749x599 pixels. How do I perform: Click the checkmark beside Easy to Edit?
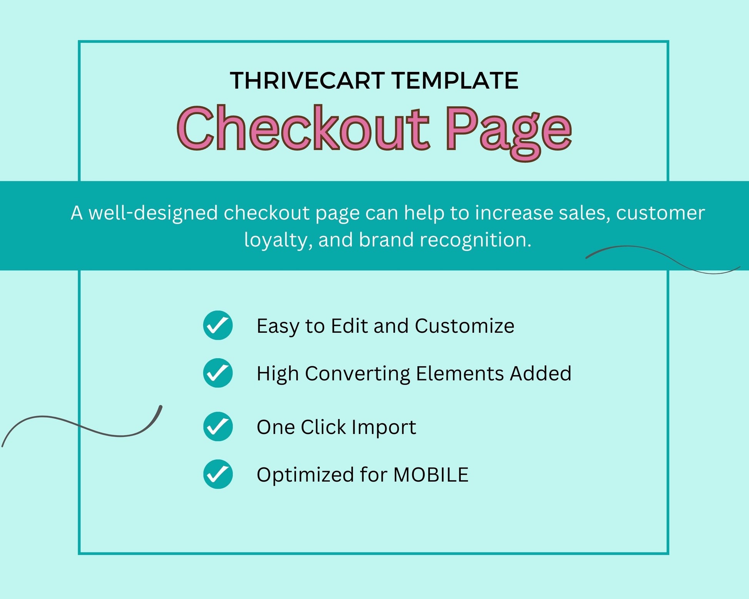218,325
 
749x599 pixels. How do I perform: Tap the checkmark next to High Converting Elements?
218,373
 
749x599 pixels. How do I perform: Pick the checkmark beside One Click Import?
218,426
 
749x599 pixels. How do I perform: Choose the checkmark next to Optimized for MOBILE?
218,474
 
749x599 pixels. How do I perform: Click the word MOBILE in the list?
431,474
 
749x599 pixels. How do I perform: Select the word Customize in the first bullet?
465,326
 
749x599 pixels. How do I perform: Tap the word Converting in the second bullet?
358,374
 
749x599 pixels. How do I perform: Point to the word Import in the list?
384,427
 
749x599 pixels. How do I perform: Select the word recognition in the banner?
475,240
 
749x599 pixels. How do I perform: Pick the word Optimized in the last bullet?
305,475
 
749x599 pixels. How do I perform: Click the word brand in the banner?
386,240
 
